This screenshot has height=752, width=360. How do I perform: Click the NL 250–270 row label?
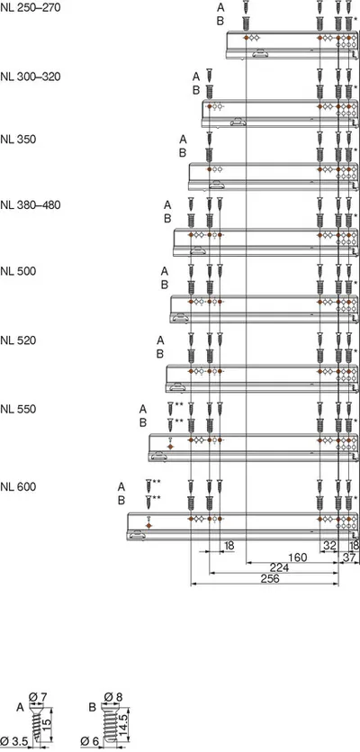click(x=31, y=8)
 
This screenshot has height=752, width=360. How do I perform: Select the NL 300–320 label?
click(x=31, y=77)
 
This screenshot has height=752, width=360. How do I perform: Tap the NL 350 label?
click(x=18, y=140)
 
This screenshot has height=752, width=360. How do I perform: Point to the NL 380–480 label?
click(x=31, y=205)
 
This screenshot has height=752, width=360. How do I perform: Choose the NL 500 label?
click(x=18, y=271)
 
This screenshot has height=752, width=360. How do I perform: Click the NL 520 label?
click(x=18, y=340)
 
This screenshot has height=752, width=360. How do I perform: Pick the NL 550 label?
click(x=18, y=409)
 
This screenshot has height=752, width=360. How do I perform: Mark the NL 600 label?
click(x=18, y=487)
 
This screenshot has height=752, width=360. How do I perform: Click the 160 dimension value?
click(x=297, y=557)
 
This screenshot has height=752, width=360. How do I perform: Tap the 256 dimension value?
click(x=269, y=578)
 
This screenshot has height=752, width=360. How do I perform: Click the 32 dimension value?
click(x=329, y=545)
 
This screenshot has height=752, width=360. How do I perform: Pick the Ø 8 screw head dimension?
click(x=112, y=697)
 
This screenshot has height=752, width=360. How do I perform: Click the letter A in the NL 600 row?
click(x=121, y=487)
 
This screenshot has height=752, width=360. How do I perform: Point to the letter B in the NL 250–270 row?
click(x=220, y=21)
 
